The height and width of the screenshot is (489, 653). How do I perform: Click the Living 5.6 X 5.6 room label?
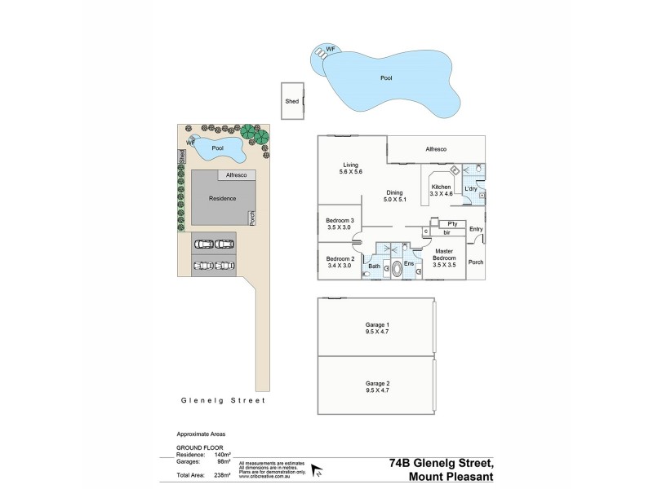(351, 168)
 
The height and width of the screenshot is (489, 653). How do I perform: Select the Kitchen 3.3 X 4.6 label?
(441, 190)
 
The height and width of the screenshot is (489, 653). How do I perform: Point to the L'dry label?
(470, 190)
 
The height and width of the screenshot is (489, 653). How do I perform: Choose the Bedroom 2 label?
(340, 261)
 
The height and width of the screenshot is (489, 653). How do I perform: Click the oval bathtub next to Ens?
(398, 271)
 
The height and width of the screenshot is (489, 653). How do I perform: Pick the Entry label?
(477, 229)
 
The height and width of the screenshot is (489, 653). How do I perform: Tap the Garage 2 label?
(376, 386)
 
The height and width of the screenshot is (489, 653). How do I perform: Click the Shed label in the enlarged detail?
(291, 102)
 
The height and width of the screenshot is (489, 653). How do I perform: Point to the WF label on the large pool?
(331, 49)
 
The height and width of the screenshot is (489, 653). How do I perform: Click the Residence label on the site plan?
(222, 198)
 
